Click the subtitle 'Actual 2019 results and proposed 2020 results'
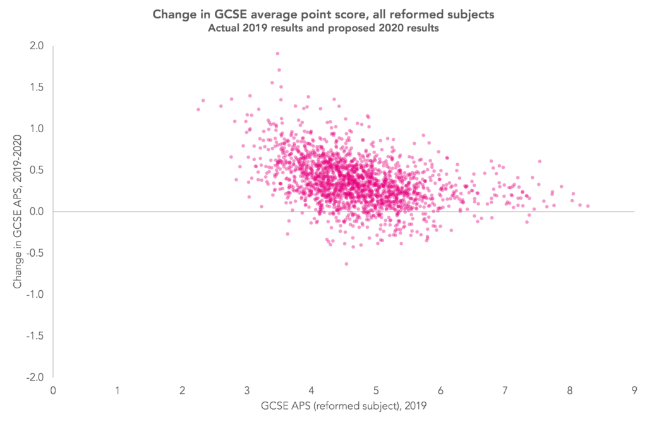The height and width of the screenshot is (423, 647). (x=323, y=28)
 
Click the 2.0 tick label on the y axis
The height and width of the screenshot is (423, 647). (x=35, y=46)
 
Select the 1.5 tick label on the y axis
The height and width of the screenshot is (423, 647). (x=35, y=87)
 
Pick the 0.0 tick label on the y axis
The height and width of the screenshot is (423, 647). (x=35, y=211)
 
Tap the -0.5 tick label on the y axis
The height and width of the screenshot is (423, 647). (x=34, y=253)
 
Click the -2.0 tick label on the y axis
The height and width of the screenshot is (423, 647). (x=34, y=377)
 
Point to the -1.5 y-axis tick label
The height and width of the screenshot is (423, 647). (x=34, y=336)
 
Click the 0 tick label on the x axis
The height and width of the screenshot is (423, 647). (x=52, y=389)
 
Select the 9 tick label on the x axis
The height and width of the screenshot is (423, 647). (x=634, y=389)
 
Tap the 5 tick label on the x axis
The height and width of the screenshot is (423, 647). (x=376, y=389)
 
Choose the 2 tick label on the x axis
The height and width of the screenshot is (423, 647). (x=182, y=389)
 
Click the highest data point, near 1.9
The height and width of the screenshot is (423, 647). (x=277, y=53)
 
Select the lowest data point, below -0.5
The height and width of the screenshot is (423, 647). (x=346, y=264)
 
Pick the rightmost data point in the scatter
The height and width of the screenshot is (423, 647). (x=588, y=206)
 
